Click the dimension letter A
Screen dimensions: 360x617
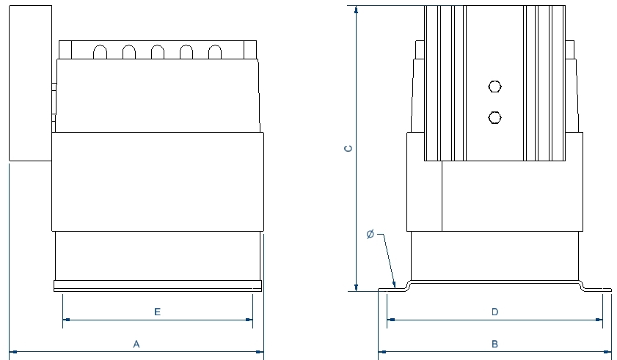136,343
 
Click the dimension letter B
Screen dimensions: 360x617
494,343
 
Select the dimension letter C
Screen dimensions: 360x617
349,148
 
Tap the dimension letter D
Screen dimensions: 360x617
494,312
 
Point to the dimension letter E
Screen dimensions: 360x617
157,312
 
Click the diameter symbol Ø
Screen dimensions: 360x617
370,235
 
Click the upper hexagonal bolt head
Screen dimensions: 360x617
494,87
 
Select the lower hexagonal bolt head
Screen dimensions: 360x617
494,117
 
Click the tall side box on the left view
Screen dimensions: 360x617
29,82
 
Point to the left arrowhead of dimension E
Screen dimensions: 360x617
66,320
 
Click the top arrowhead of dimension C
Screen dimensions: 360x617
356,10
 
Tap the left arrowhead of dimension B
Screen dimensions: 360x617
381,352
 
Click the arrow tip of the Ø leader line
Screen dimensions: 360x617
395,287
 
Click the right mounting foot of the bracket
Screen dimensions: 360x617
597,288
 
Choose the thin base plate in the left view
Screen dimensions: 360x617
157,285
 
